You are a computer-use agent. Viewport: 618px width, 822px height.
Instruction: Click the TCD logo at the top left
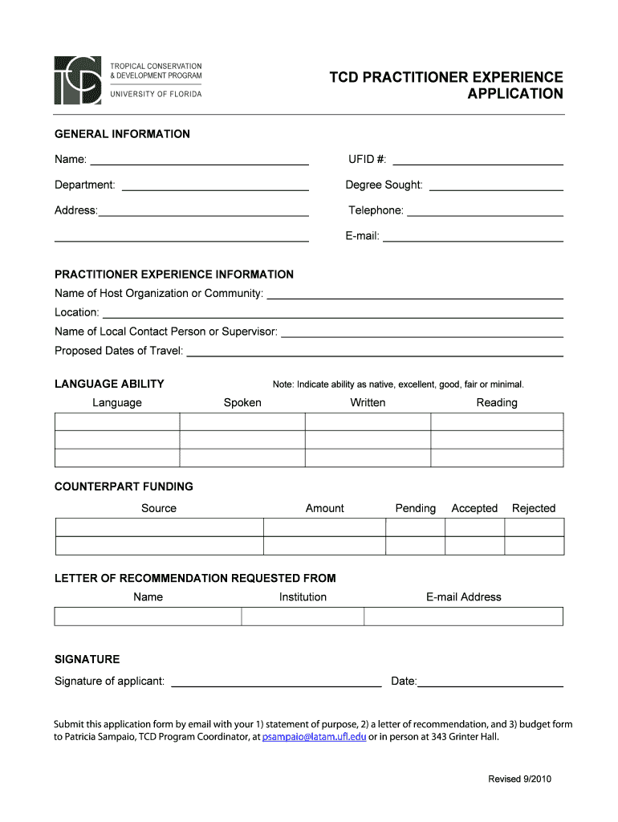tap(78, 80)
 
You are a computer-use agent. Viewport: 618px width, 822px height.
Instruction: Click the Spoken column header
tap(242, 403)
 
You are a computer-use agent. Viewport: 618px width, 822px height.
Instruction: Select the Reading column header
tap(497, 403)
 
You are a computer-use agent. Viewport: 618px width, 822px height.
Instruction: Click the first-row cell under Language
tap(117, 422)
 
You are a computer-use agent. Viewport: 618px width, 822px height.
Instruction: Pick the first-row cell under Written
tap(368, 422)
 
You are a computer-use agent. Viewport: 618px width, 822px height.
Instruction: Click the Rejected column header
tap(534, 508)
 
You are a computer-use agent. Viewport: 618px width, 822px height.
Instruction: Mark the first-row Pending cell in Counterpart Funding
tap(415, 527)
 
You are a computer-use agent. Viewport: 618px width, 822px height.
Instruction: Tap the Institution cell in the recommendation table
tap(303, 616)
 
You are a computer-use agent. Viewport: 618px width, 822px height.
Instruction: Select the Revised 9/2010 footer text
tap(520, 779)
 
